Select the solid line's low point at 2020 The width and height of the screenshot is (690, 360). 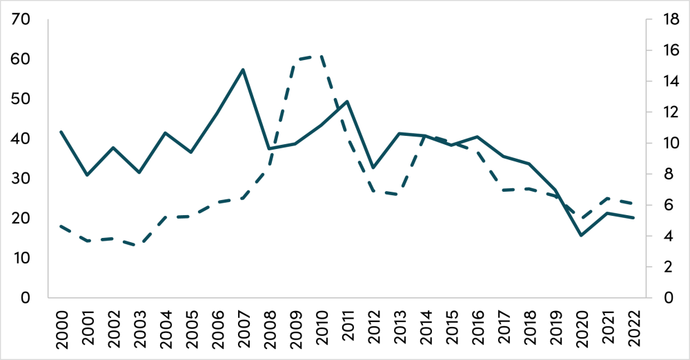tap(582, 235)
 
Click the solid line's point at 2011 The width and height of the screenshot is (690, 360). tap(346, 101)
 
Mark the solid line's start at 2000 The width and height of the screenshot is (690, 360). tap(62, 131)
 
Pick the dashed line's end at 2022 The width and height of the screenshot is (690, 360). tap(634, 203)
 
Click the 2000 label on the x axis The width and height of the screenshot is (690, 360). tap(63, 329)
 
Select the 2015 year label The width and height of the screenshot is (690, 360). tap(452, 329)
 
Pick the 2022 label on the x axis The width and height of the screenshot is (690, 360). tap(634, 329)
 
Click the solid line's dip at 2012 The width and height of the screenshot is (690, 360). tap(373, 168)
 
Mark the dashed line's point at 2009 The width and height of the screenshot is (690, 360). tap(295, 61)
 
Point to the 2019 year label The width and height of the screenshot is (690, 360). tap(556, 329)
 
